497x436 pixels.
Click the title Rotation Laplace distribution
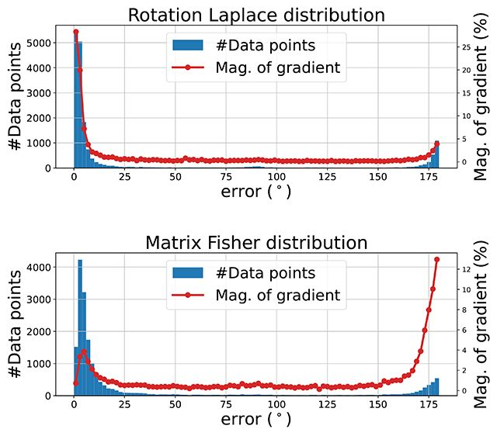(x=255, y=16)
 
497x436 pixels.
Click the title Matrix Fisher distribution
(x=255, y=243)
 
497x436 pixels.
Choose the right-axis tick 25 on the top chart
(x=465, y=47)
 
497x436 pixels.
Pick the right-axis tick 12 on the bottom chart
(x=465, y=269)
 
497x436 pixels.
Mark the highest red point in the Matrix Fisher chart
(x=437, y=259)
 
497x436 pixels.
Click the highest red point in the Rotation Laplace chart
(x=75, y=32)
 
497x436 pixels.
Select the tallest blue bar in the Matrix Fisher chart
(x=80, y=326)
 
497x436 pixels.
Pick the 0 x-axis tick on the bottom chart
(x=74, y=405)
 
